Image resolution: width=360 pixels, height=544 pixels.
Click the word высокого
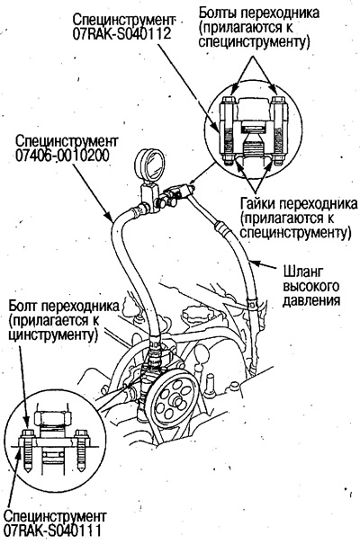coord(306,284)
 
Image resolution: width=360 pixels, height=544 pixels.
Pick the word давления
coord(309,301)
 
